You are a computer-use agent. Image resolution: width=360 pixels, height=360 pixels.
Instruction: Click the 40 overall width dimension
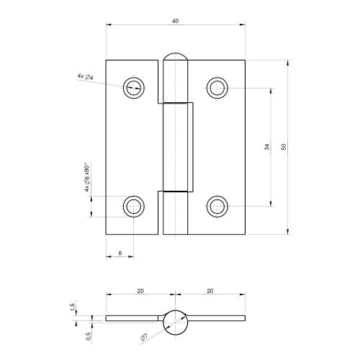175,22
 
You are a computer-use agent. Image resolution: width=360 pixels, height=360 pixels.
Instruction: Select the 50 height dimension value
284,147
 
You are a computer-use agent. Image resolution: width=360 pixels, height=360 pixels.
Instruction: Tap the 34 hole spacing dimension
266,147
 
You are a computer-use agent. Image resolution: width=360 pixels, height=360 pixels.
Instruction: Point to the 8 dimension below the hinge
120,252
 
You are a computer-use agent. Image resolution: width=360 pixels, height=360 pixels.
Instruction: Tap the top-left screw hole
133,88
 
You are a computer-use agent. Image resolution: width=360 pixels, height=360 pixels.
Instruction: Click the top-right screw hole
217,88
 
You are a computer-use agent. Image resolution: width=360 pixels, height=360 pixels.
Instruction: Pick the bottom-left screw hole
133,207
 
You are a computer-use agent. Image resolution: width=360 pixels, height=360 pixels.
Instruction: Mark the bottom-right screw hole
217,207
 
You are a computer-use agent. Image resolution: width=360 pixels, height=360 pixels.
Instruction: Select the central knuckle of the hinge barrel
177,147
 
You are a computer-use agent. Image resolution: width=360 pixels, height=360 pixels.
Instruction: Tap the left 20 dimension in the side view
140,291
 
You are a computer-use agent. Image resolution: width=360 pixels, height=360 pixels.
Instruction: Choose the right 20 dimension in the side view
210,291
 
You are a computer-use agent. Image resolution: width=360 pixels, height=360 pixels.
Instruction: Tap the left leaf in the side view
133,318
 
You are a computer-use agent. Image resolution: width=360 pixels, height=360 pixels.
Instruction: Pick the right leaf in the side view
216,318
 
